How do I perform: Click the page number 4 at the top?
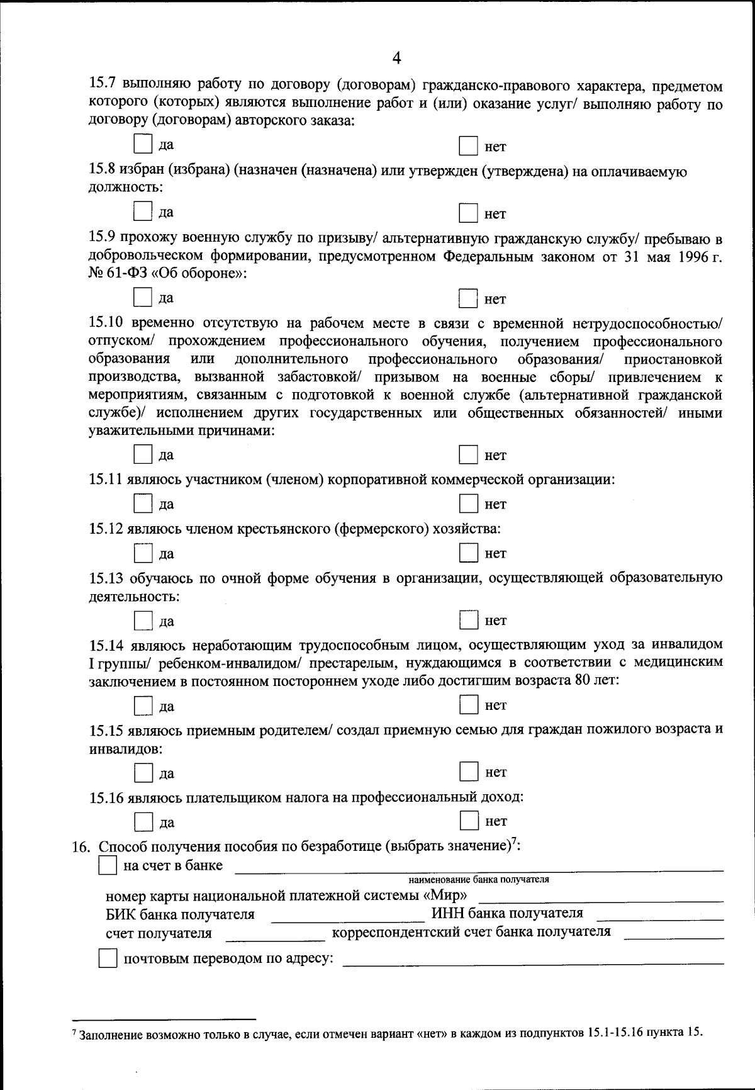click(x=396, y=58)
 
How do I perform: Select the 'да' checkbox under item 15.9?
click(x=143, y=297)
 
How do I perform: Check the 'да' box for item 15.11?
click(x=143, y=503)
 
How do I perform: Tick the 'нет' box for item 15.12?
click(x=467, y=553)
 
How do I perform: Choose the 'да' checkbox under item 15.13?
click(x=143, y=621)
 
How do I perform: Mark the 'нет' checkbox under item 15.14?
click(x=468, y=704)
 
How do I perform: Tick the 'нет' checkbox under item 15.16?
click(x=468, y=821)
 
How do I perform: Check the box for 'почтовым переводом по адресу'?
click(x=108, y=959)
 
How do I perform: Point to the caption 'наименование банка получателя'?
click(x=478, y=880)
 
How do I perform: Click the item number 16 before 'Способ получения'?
click(x=81, y=847)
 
